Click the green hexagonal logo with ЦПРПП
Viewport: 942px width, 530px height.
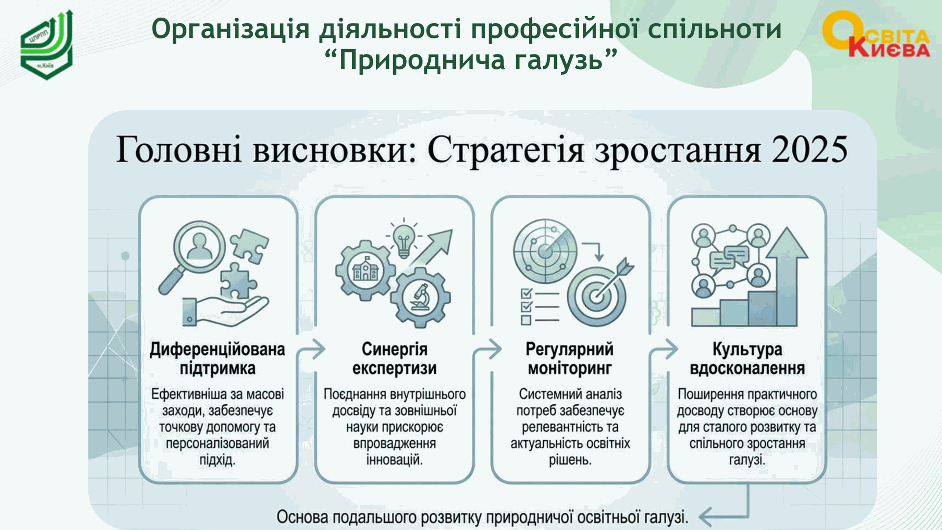47,45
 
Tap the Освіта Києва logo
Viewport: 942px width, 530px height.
876,34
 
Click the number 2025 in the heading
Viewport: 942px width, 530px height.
810,149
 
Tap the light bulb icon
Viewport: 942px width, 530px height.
403,239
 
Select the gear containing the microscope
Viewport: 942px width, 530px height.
420,297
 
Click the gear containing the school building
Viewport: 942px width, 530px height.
366,270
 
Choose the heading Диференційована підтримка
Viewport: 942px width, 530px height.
217,359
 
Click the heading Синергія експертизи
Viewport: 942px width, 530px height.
394,359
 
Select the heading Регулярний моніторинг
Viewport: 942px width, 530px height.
570,359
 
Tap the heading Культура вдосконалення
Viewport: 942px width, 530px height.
747,359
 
